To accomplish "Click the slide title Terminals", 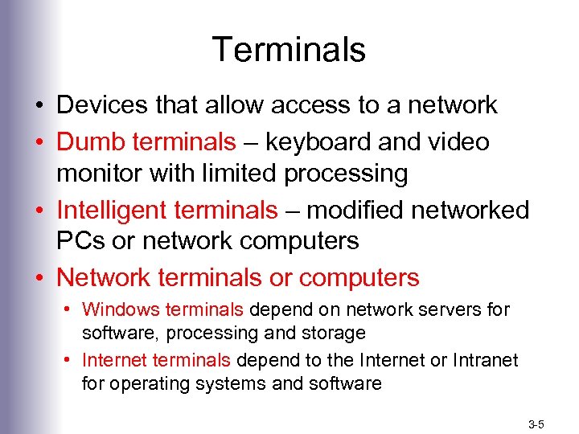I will pos(289,50).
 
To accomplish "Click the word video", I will pos(458,142).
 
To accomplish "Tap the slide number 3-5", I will pos(536,423).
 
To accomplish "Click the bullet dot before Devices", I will pos(39,105).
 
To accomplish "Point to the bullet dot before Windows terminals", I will pos(72,309).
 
